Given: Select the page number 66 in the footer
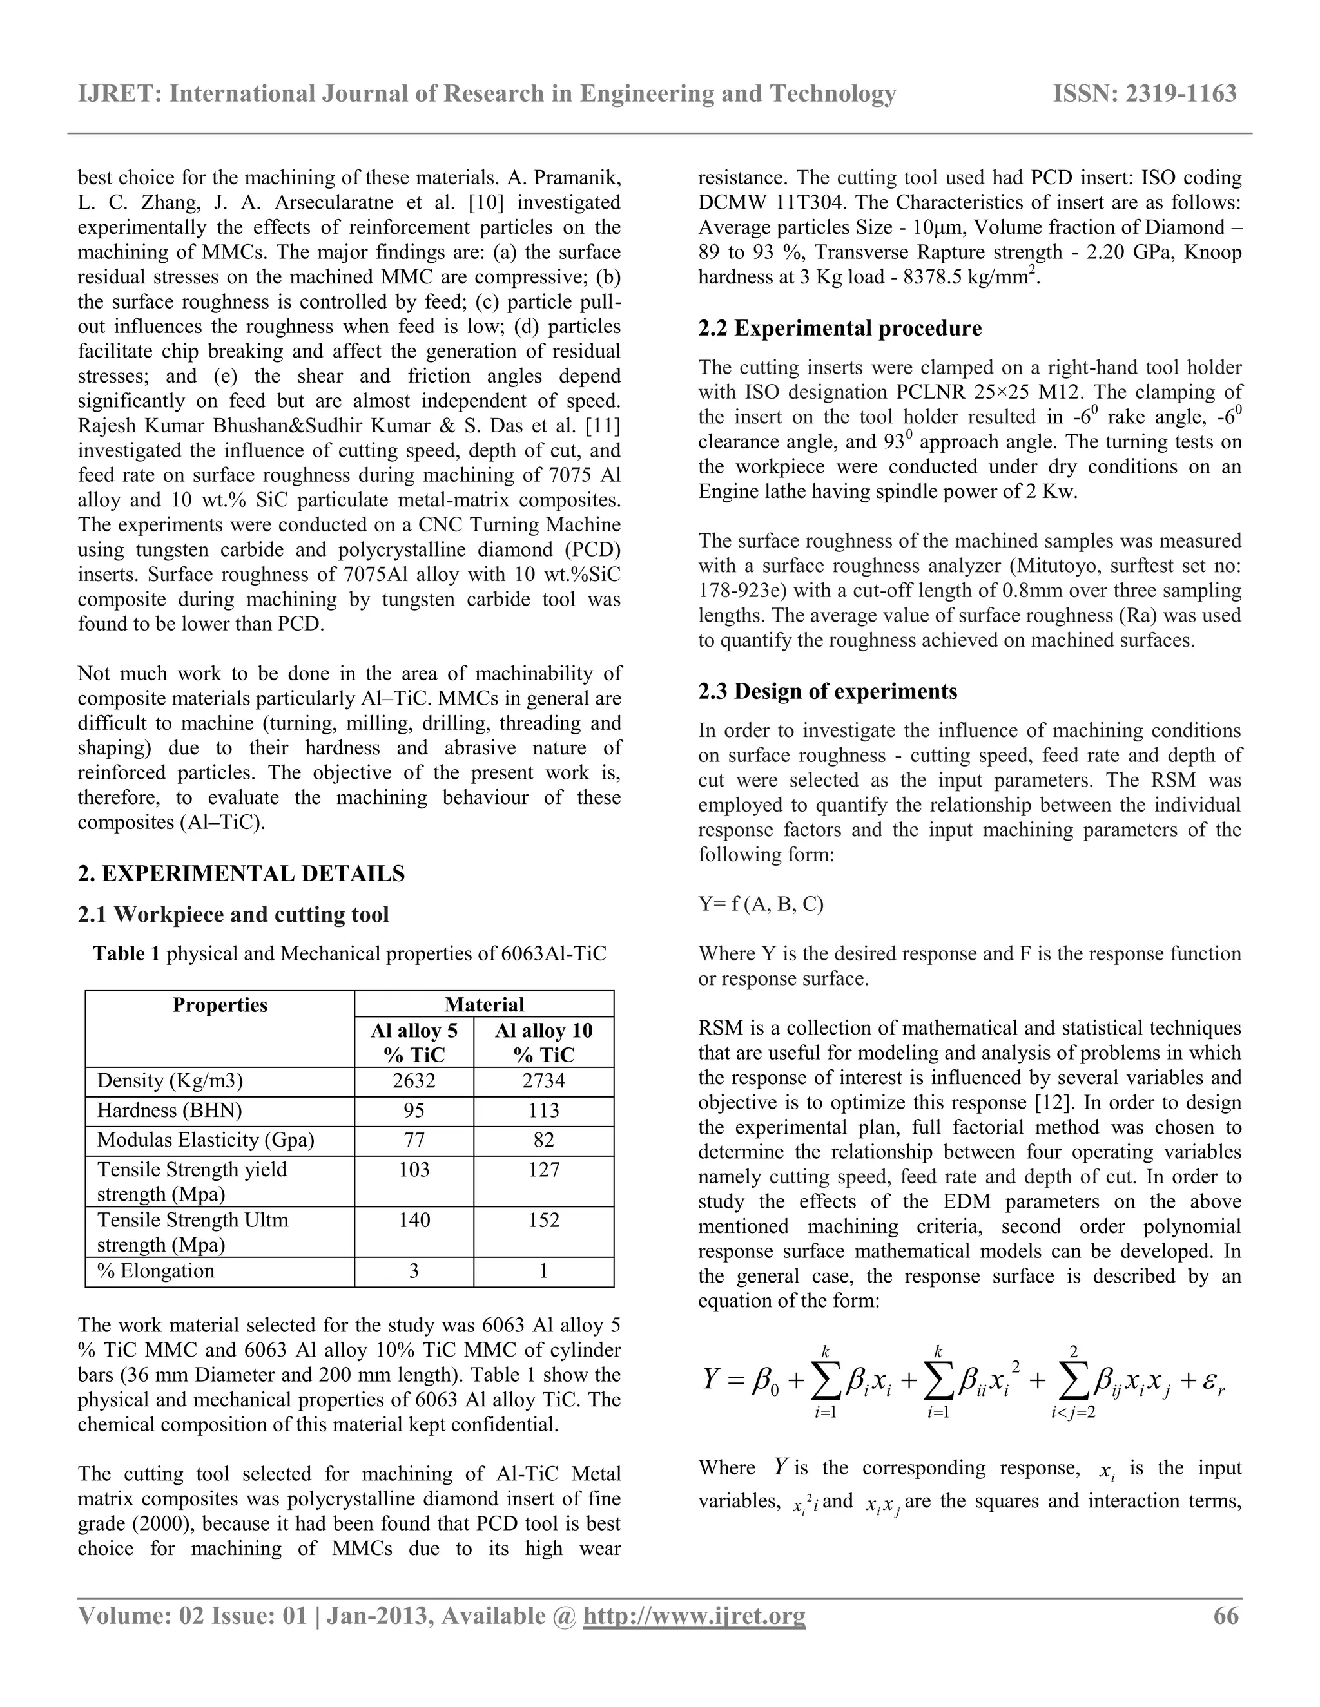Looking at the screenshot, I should click(x=1225, y=1616).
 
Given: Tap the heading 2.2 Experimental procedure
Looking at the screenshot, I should click(x=840, y=329).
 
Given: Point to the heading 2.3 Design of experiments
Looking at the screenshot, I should click(x=828, y=691).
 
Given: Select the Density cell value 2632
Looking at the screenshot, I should click(x=414, y=1081).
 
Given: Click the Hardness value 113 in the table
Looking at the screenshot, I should click(x=543, y=1111).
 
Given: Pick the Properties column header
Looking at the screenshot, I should click(x=220, y=1005).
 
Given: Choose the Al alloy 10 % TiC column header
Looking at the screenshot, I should click(x=543, y=1043).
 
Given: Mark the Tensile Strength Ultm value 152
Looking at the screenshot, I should click(x=543, y=1221).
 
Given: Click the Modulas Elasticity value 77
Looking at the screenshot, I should click(x=414, y=1140).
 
